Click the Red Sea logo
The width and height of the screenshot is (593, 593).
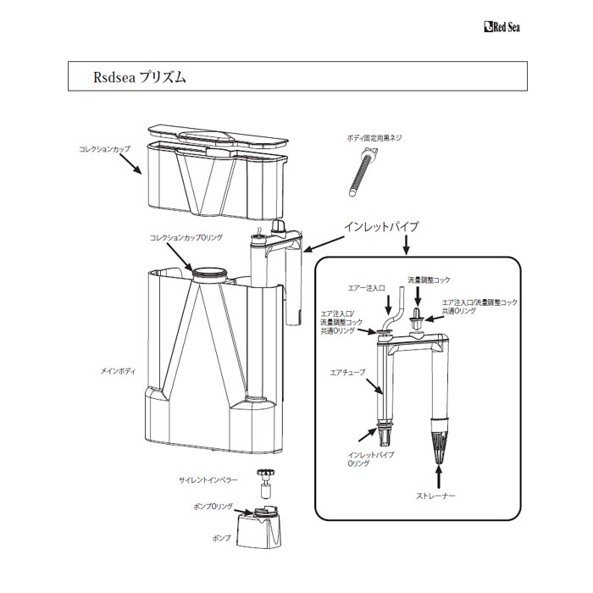click(502, 27)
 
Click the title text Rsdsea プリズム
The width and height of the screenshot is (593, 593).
click(140, 77)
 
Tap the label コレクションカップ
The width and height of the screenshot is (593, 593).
click(104, 149)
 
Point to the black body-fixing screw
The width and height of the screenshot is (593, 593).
click(363, 172)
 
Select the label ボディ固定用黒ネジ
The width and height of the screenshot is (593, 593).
click(374, 138)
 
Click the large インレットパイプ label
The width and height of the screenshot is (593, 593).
click(381, 226)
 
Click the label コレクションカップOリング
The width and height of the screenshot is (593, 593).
click(186, 238)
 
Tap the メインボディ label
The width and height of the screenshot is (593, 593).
click(118, 371)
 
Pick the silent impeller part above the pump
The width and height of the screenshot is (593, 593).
click(265, 484)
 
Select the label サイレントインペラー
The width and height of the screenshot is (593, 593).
click(208, 480)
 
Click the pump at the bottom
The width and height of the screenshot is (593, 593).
click(259, 527)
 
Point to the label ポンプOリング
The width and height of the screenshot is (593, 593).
click(213, 507)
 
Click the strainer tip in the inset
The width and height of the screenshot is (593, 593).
click(439, 441)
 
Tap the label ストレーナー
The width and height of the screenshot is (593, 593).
click(435, 496)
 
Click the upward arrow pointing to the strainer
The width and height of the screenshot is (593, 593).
click(439, 477)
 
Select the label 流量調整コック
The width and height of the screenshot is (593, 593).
click(429, 280)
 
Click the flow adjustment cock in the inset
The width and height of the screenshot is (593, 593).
click(417, 319)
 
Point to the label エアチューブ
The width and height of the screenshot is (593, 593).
click(348, 373)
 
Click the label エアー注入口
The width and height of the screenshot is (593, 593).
click(367, 288)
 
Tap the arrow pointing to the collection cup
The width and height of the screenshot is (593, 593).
click(130, 163)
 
